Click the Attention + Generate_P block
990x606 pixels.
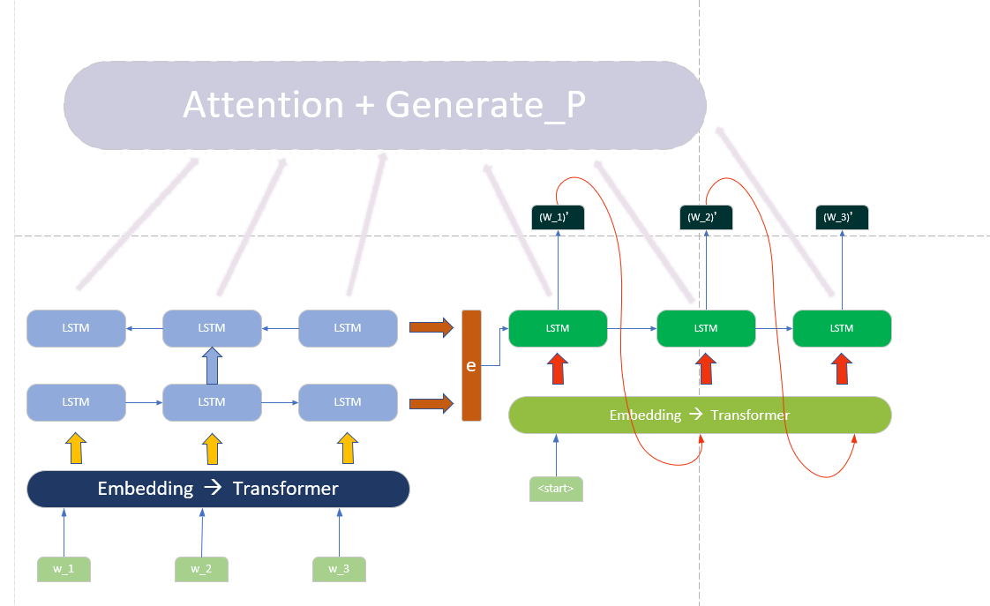pyautogui.click(x=385, y=106)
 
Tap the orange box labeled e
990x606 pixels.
pyautogui.click(x=471, y=365)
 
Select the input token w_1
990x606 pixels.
pyautogui.click(x=64, y=569)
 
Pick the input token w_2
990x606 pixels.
pyautogui.click(x=202, y=569)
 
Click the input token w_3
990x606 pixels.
pyautogui.click(x=339, y=569)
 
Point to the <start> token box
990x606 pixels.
pyautogui.click(x=556, y=488)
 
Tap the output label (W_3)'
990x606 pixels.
pyautogui.click(x=841, y=217)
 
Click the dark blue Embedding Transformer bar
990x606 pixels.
pyautogui.click(x=218, y=489)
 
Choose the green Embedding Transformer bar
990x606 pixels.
pyautogui.click(x=700, y=415)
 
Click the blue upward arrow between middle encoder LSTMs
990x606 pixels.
pyautogui.click(x=212, y=364)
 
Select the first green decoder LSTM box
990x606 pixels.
pyautogui.click(x=558, y=328)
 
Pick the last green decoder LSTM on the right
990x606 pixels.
pyautogui.click(x=842, y=328)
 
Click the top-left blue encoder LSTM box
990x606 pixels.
pyautogui.click(x=76, y=328)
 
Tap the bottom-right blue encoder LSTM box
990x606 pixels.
pyautogui.click(x=348, y=402)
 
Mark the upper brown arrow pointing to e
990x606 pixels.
pyautogui.click(x=431, y=328)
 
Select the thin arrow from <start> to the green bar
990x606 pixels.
pyautogui.click(x=556, y=454)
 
